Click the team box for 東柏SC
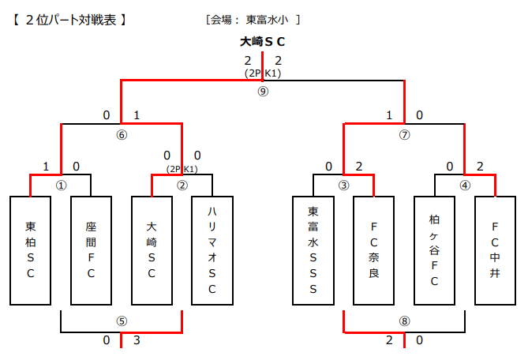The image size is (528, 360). pos(30,250)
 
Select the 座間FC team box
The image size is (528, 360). pos(91,250)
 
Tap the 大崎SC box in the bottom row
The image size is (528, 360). pos(152,250)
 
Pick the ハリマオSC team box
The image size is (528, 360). pos(212,250)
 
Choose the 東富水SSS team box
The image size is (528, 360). pos(313,250)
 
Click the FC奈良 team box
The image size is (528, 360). pos(373,250)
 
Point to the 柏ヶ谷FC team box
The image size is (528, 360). pos(435,250)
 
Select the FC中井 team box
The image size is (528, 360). pos(495,250)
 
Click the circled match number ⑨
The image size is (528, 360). pos(263,91)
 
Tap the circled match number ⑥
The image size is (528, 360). pos(122,134)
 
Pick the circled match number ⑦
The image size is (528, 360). pos(404,134)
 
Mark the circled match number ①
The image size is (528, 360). pos(61,186)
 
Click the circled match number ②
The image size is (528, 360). pos(182,186)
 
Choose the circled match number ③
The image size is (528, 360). pos(343,186)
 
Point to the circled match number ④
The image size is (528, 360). pos(465,186)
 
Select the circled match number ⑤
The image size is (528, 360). pos(122,321)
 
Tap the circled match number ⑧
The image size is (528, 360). pos(404,321)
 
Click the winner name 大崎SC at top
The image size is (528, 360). pos(263,42)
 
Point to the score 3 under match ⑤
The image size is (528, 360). pos(137,340)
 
